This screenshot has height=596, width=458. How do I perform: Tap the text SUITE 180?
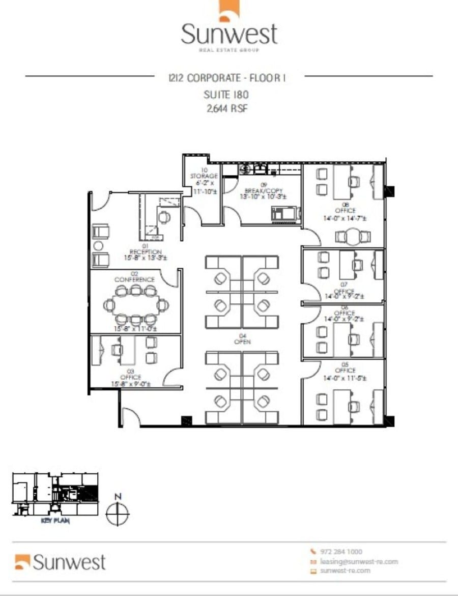pos(226,94)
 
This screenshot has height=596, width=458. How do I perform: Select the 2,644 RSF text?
pos(226,108)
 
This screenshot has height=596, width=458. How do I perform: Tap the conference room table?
pos(135,305)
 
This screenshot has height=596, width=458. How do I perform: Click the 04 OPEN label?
pos(242,338)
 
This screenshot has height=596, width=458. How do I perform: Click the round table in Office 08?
pos(351,235)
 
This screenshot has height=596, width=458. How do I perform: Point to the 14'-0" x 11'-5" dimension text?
pos(346,379)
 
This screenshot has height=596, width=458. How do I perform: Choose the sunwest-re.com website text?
pos(346,571)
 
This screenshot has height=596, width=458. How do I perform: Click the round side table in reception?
pos(98,246)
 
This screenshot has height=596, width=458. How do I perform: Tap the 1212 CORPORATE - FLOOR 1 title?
pos(226,78)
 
